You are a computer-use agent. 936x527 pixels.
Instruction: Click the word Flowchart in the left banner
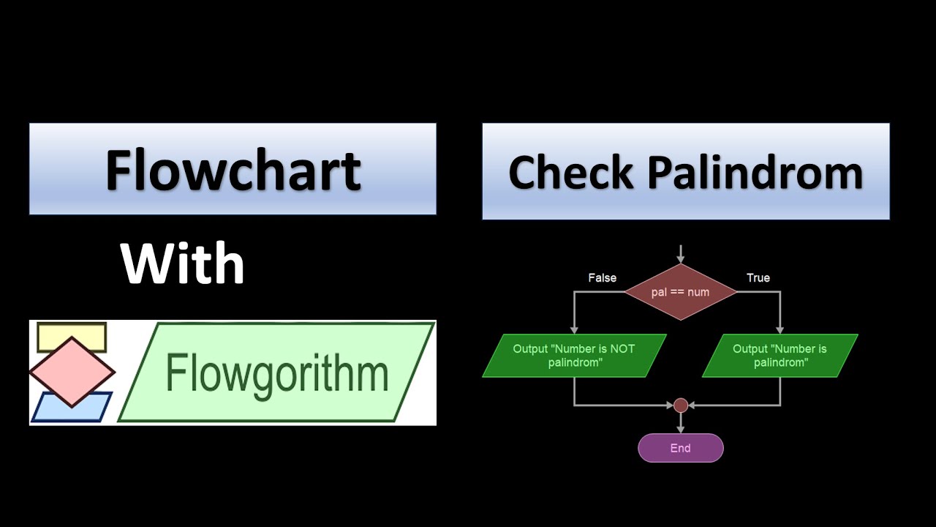[x=233, y=171]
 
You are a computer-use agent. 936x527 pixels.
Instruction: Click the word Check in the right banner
[x=571, y=172]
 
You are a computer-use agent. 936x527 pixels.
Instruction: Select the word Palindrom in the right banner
[x=755, y=172]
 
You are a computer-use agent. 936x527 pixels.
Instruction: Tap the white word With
[x=182, y=263]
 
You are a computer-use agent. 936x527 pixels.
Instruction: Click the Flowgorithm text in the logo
[x=277, y=373]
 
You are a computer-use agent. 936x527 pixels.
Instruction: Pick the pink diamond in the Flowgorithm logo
[x=72, y=372]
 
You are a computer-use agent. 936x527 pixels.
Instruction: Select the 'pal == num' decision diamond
[x=680, y=292]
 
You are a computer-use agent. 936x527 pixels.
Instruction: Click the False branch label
[x=602, y=278]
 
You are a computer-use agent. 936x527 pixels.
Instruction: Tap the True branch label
[x=758, y=278]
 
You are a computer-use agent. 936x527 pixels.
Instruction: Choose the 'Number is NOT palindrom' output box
[x=574, y=356]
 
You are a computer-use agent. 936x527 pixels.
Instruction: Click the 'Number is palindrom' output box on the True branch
[x=780, y=356]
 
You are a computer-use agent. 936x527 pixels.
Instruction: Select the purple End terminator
[x=680, y=448]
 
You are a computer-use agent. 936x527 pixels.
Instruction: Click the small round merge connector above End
[x=681, y=405]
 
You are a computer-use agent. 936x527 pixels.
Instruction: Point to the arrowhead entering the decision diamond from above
[x=681, y=260]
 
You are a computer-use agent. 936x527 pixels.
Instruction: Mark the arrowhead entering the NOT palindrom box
[x=574, y=330]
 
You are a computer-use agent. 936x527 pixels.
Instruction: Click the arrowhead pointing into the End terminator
[x=681, y=430]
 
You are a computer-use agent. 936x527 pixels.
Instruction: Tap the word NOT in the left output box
[x=622, y=349]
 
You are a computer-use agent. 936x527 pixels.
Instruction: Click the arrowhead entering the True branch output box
[x=780, y=330]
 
